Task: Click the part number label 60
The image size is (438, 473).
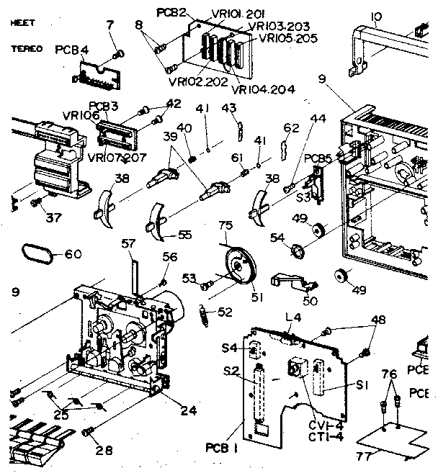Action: coord(73,253)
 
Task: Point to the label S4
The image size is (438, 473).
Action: coord(229,348)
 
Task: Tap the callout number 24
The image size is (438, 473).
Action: coord(189,412)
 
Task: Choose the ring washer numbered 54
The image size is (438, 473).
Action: coord(295,251)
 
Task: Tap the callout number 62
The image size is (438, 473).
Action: coord(290,128)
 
